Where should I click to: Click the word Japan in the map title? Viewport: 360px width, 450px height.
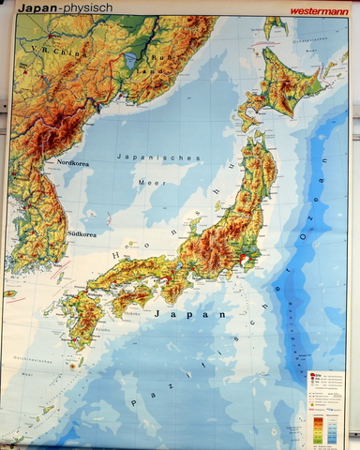tap(34, 7)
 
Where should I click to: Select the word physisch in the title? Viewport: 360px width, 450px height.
tap(86, 7)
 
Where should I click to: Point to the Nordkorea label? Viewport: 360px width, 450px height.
tap(74, 162)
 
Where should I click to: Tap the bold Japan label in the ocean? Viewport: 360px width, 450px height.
tap(198, 315)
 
